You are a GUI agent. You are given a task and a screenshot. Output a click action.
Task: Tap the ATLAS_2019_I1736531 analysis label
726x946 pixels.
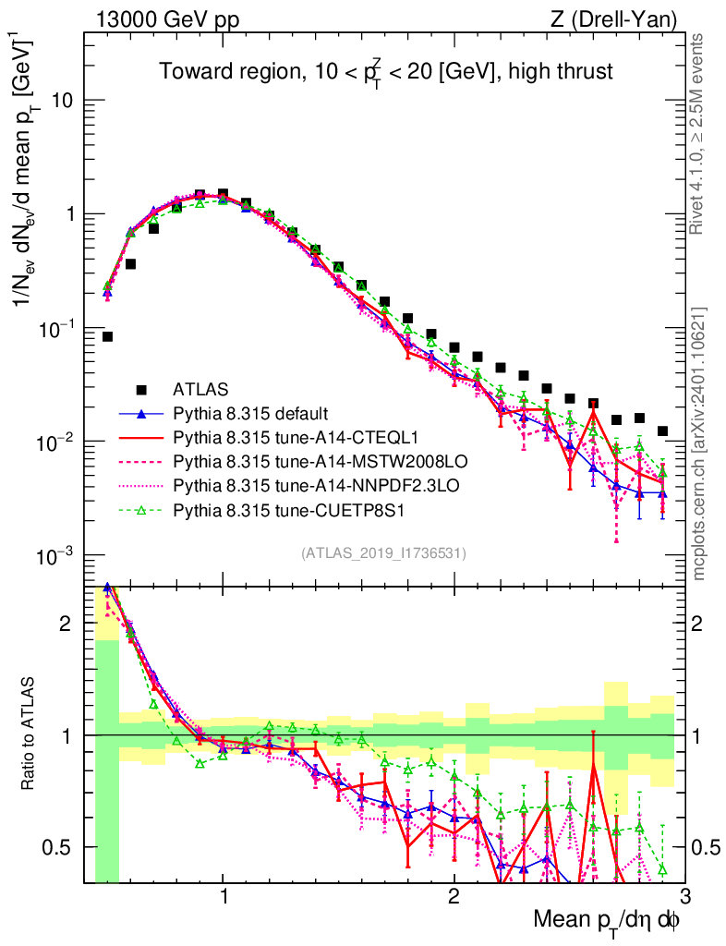coord(383,553)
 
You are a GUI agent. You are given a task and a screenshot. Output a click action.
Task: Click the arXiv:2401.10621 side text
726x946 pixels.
coord(699,443)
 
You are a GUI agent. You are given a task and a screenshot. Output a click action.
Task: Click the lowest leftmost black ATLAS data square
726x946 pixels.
coord(107,336)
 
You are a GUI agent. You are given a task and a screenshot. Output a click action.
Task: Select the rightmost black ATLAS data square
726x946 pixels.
coord(662,431)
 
